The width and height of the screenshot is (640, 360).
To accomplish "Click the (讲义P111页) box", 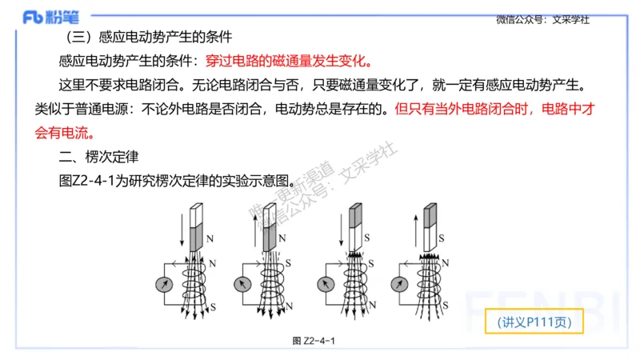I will click(x=534, y=322).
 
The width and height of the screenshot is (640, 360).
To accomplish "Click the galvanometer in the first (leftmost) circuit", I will click(x=164, y=284).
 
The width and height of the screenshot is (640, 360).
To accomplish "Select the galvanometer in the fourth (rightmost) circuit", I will click(x=402, y=284).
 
